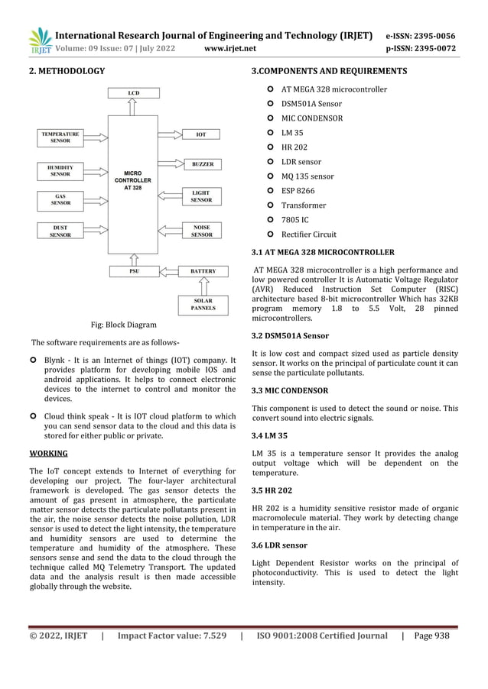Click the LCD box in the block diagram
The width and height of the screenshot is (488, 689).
click(x=133, y=93)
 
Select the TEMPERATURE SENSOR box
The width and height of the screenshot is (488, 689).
click(x=60, y=137)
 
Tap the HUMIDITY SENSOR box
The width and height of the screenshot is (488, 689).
click(x=60, y=170)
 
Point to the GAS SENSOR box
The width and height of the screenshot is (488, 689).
click(x=60, y=199)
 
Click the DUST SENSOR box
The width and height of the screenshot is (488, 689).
click(x=60, y=231)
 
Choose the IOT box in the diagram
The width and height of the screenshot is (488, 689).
click(x=201, y=134)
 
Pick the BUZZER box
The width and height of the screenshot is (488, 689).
click(x=202, y=164)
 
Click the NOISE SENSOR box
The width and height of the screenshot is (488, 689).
click(x=202, y=231)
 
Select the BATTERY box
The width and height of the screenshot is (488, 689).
click(x=203, y=271)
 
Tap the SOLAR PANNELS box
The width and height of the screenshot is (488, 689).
click(x=203, y=305)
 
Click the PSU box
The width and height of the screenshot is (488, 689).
click(x=134, y=271)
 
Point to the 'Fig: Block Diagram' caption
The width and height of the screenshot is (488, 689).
click(x=123, y=325)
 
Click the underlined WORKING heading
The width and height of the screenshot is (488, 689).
click(x=47, y=454)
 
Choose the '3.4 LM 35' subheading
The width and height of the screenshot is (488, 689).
click(x=269, y=435)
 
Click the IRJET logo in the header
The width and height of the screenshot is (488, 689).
click(x=39, y=40)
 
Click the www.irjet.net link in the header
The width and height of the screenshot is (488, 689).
click(x=230, y=48)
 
